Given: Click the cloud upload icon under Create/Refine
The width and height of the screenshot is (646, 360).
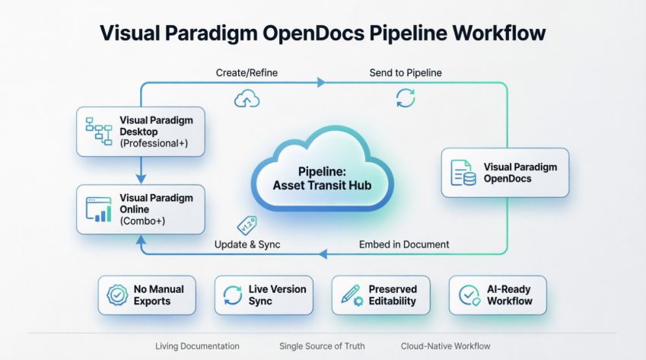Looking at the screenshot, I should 246,98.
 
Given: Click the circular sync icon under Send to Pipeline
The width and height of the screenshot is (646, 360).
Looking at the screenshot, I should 405,98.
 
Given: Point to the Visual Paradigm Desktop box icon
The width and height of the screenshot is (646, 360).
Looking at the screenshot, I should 97,131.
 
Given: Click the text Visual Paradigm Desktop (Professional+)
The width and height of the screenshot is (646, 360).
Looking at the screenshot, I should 156,132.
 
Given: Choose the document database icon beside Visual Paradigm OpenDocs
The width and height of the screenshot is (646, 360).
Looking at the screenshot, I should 463,173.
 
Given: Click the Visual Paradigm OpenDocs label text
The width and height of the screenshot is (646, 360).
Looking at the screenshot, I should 520,173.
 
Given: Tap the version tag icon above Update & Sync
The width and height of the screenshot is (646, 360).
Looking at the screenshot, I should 247,224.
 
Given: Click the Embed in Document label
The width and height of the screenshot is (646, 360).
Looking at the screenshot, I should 403,244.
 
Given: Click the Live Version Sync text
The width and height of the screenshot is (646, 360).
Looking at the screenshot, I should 277,295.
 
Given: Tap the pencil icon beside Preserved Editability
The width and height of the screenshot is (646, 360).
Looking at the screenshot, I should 351,295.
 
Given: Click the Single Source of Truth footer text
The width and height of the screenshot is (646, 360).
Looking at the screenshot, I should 320,346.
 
